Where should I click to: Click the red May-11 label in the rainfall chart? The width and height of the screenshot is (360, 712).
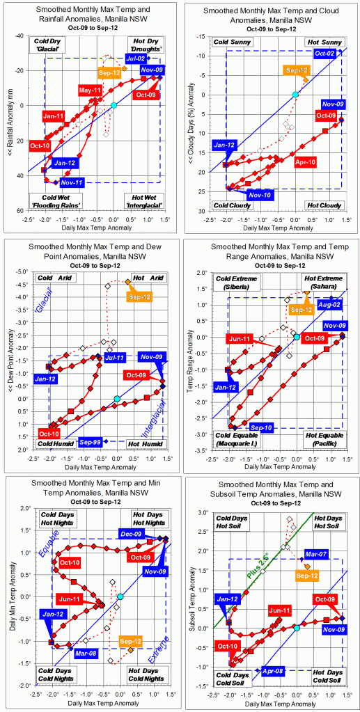pyautogui.click(x=90, y=90)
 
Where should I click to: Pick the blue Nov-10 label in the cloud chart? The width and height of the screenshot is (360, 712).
pyautogui.click(x=259, y=196)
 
